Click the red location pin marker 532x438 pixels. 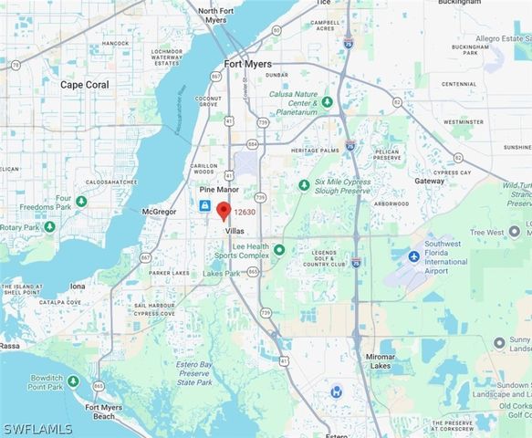pyautogui.click(x=224, y=211)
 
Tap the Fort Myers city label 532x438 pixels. pyautogui.click(x=247, y=64)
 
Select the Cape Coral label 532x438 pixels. pyautogui.click(x=84, y=84)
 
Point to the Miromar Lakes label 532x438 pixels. pyautogui.click(x=381, y=360)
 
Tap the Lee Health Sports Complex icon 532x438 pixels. pyautogui.click(x=279, y=249)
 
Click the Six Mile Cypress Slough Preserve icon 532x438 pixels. pyautogui.click(x=304, y=184)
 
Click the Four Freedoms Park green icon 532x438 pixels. pyautogui.click(x=81, y=201)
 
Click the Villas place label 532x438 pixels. pyautogui.click(x=235, y=233)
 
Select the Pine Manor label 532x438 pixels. pyautogui.click(x=219, y=190)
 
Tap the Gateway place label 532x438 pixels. pyautogui.click(x=429, y=182)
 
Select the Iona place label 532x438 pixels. pyautogui.click(x=78, y=286)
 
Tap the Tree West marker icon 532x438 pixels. pyautogui.click(x=515, y=231)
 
